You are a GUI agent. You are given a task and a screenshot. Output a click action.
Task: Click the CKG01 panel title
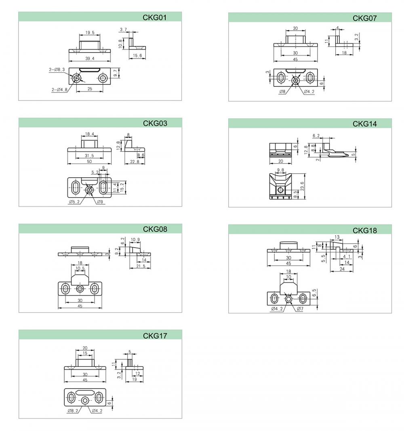pos(154,18)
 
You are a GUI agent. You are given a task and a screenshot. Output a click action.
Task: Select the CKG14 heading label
pos(364,124)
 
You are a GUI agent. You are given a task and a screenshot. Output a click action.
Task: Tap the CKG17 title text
pos(155,336)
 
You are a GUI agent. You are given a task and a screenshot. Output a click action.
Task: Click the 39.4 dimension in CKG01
pos(90,59)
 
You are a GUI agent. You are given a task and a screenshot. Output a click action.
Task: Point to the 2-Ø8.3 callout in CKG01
pos(57,69)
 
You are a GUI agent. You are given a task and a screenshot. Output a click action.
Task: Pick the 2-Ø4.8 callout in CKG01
pos(59,90)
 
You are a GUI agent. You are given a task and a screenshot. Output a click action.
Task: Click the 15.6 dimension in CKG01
pos(137,55)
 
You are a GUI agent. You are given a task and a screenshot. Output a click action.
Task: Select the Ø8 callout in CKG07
pos(282,92)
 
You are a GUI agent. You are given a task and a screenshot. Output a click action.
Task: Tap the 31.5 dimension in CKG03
pos(89,156)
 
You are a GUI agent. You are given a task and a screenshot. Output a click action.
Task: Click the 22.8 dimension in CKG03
pos(135,162)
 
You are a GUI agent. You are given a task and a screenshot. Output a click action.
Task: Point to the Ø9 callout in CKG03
pos(100,202)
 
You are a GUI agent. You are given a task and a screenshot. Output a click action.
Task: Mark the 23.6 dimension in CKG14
pos(302,186)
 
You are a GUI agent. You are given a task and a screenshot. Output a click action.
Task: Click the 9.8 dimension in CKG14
pos(280,170)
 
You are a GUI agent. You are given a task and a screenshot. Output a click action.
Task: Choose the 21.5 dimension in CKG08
pos(141,266)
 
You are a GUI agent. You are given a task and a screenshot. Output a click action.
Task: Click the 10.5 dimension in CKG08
pos(80,268)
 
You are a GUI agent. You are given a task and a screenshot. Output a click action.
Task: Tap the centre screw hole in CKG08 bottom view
pos(80,289)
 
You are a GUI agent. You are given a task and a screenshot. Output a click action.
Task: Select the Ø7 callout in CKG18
pos(300,309)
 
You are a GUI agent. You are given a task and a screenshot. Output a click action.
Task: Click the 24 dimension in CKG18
pos(342,269)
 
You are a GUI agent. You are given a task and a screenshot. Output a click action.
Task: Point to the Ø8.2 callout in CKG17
pos(73,411)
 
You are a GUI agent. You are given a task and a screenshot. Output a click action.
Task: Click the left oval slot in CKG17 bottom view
pos(71,397)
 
